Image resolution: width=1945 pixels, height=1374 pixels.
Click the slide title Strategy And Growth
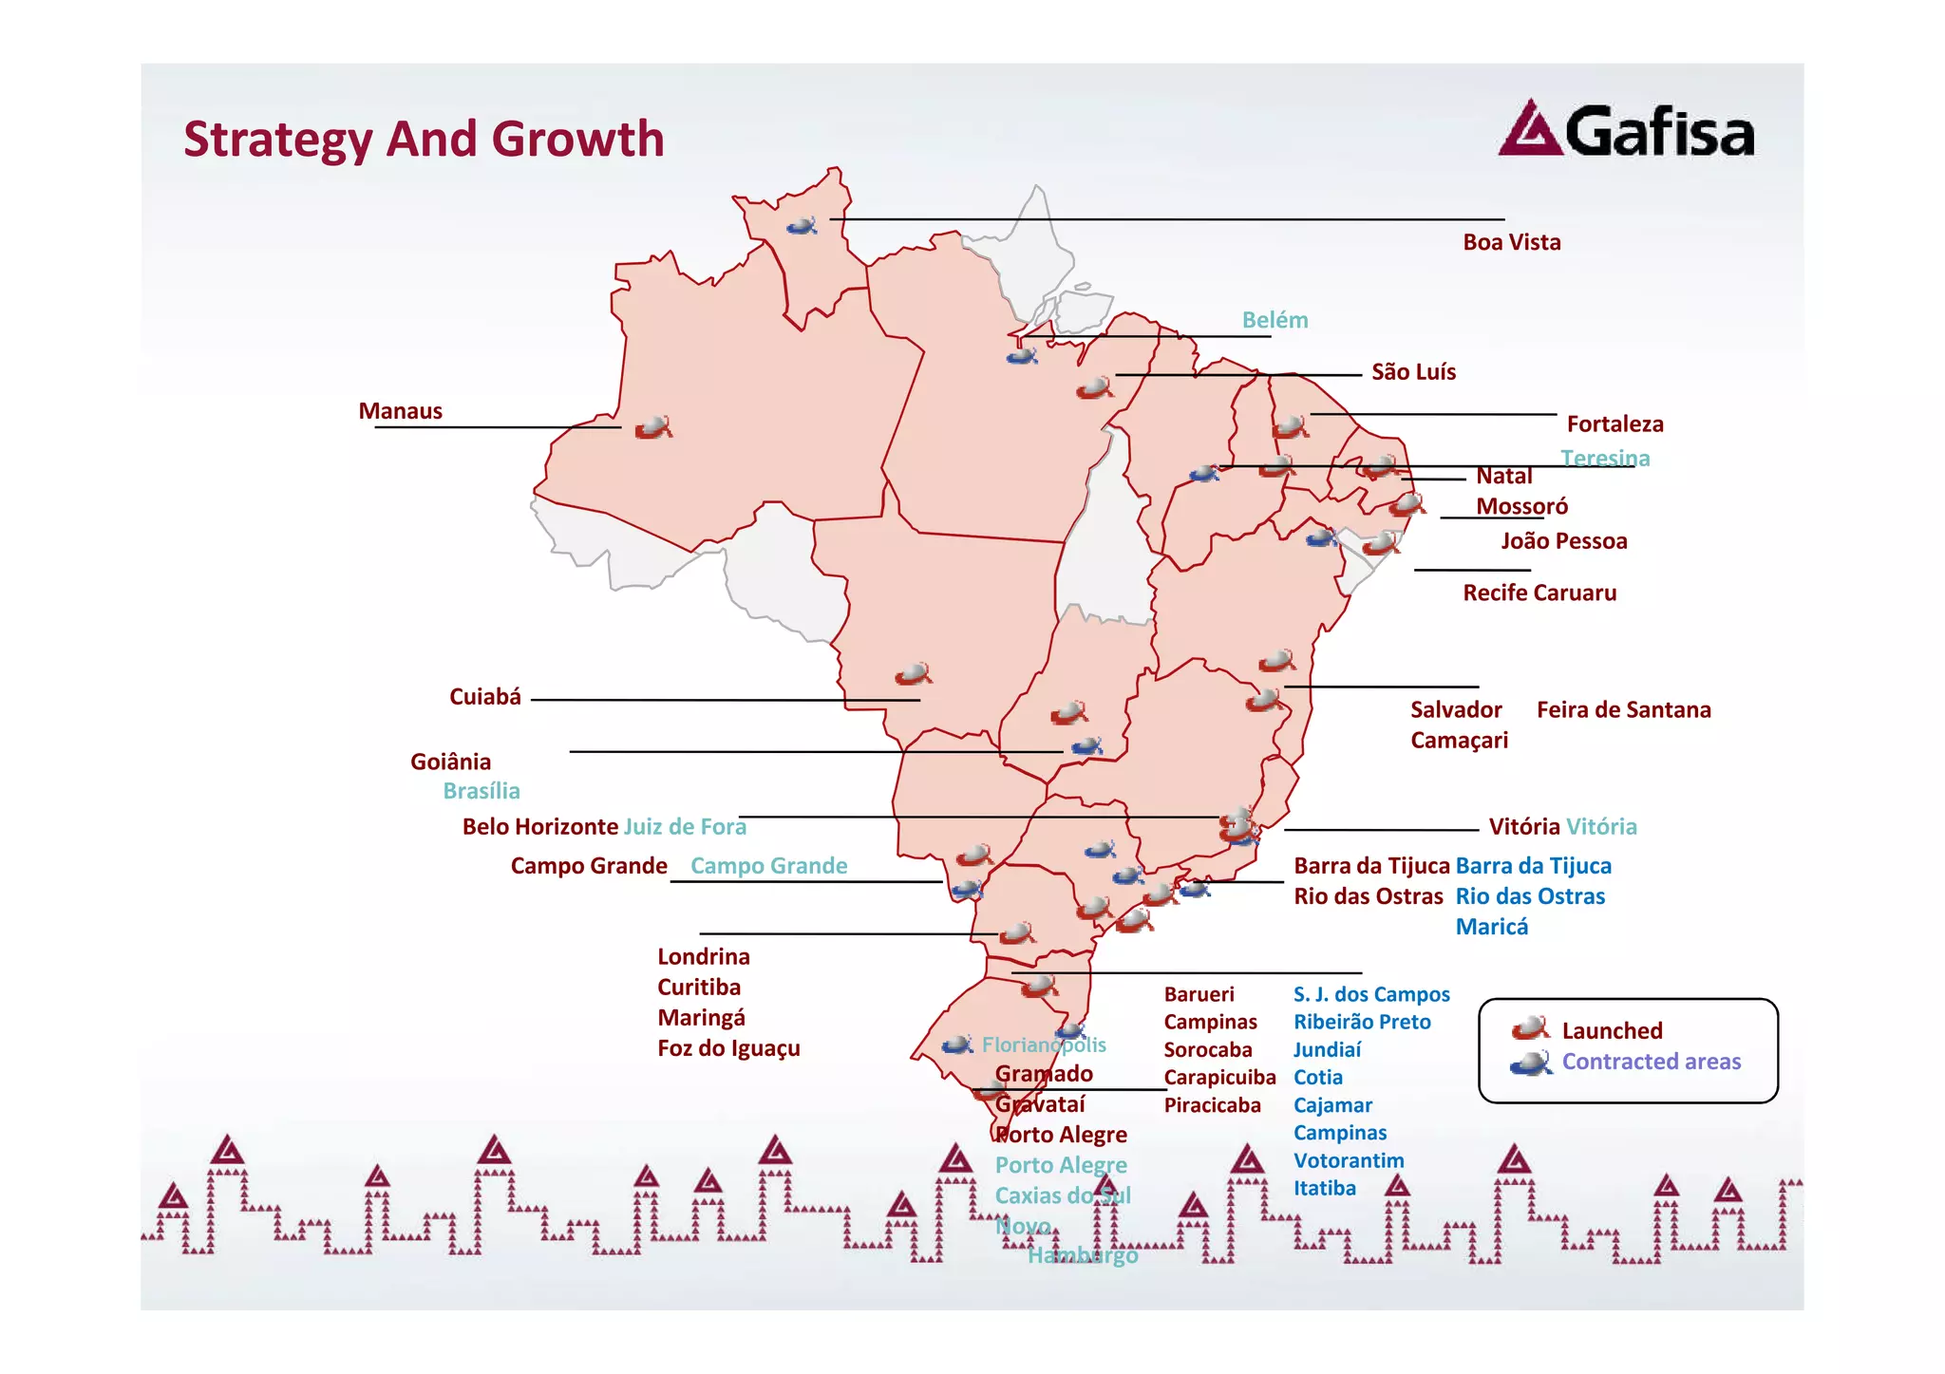coord(424,139)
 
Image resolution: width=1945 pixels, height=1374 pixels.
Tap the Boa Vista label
coord(1511,242)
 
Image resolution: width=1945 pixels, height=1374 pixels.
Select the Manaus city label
coord(400,411)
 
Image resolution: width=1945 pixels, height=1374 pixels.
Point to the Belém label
coord(1275,320)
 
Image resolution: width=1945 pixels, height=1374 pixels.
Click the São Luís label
coord(1413,371)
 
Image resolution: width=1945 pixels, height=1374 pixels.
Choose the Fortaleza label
coord(1615,423)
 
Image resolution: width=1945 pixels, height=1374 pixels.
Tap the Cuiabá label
coord(484,697)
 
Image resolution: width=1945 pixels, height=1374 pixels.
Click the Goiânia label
coord(450,762)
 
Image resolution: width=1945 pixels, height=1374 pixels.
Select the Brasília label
coord(481,791)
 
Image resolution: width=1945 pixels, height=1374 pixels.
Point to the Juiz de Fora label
coord(685,826)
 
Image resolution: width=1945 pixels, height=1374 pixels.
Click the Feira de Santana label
coord(1623,709)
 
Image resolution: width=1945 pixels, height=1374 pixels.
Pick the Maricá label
coord(1491,927)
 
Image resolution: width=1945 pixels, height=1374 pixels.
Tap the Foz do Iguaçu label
coord(728,1048)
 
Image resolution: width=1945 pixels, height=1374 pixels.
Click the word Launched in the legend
coord(1612,1030)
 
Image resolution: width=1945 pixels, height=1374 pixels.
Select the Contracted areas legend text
coord(1651,1062)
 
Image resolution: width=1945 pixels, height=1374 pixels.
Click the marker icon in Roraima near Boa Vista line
coord(802,226)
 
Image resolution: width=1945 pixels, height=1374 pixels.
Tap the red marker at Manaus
coord(653,427)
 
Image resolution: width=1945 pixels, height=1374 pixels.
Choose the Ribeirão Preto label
coord(1361,1022)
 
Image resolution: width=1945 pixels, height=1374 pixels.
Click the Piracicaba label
coord(1212,1105)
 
